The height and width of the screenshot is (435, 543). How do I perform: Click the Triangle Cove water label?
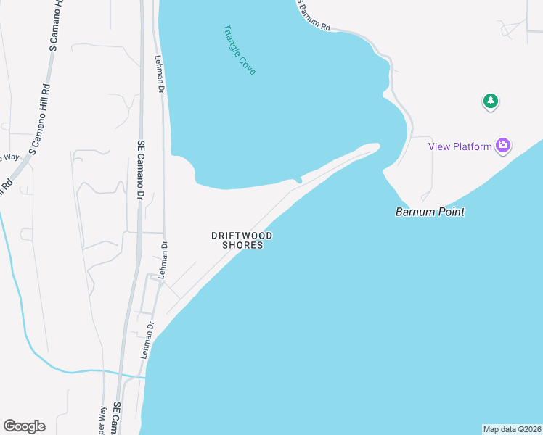[x=240, y=49]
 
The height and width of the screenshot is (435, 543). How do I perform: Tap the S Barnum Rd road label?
[x=314, y=15]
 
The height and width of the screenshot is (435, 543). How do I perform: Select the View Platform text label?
[x=460, y=146]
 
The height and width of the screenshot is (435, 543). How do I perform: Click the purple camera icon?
[x=503, y=146]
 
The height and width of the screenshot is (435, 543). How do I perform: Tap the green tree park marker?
[x=491, y=101]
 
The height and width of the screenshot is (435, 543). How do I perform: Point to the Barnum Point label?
[x=430, y=212]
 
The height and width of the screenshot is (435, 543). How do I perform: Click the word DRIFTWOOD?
[x=242, y=236]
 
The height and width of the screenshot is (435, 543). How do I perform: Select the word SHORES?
[x=242, y=246]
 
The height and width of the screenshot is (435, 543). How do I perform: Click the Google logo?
[x=24, y=426]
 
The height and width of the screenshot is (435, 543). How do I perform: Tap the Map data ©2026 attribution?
[x=512, y=429]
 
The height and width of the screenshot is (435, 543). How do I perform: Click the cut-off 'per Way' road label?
[x=102, y=420]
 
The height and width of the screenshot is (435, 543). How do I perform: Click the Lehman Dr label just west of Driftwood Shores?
[x=164, y=260]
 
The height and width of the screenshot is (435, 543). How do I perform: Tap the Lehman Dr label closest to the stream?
[x=149, y=340]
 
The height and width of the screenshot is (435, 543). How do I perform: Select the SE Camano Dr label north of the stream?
[x=141, y=165]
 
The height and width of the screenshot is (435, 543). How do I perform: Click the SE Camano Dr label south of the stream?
[x=117, y=419]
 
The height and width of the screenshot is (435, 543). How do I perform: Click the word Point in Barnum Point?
[x=450, y=212]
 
